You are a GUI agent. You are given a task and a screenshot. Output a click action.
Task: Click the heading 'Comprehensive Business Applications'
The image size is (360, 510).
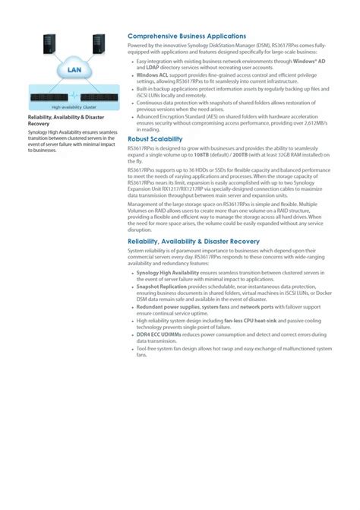tap(187, 36)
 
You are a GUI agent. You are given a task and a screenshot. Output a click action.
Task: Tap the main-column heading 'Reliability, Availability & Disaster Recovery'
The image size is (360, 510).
tap(204, 241)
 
